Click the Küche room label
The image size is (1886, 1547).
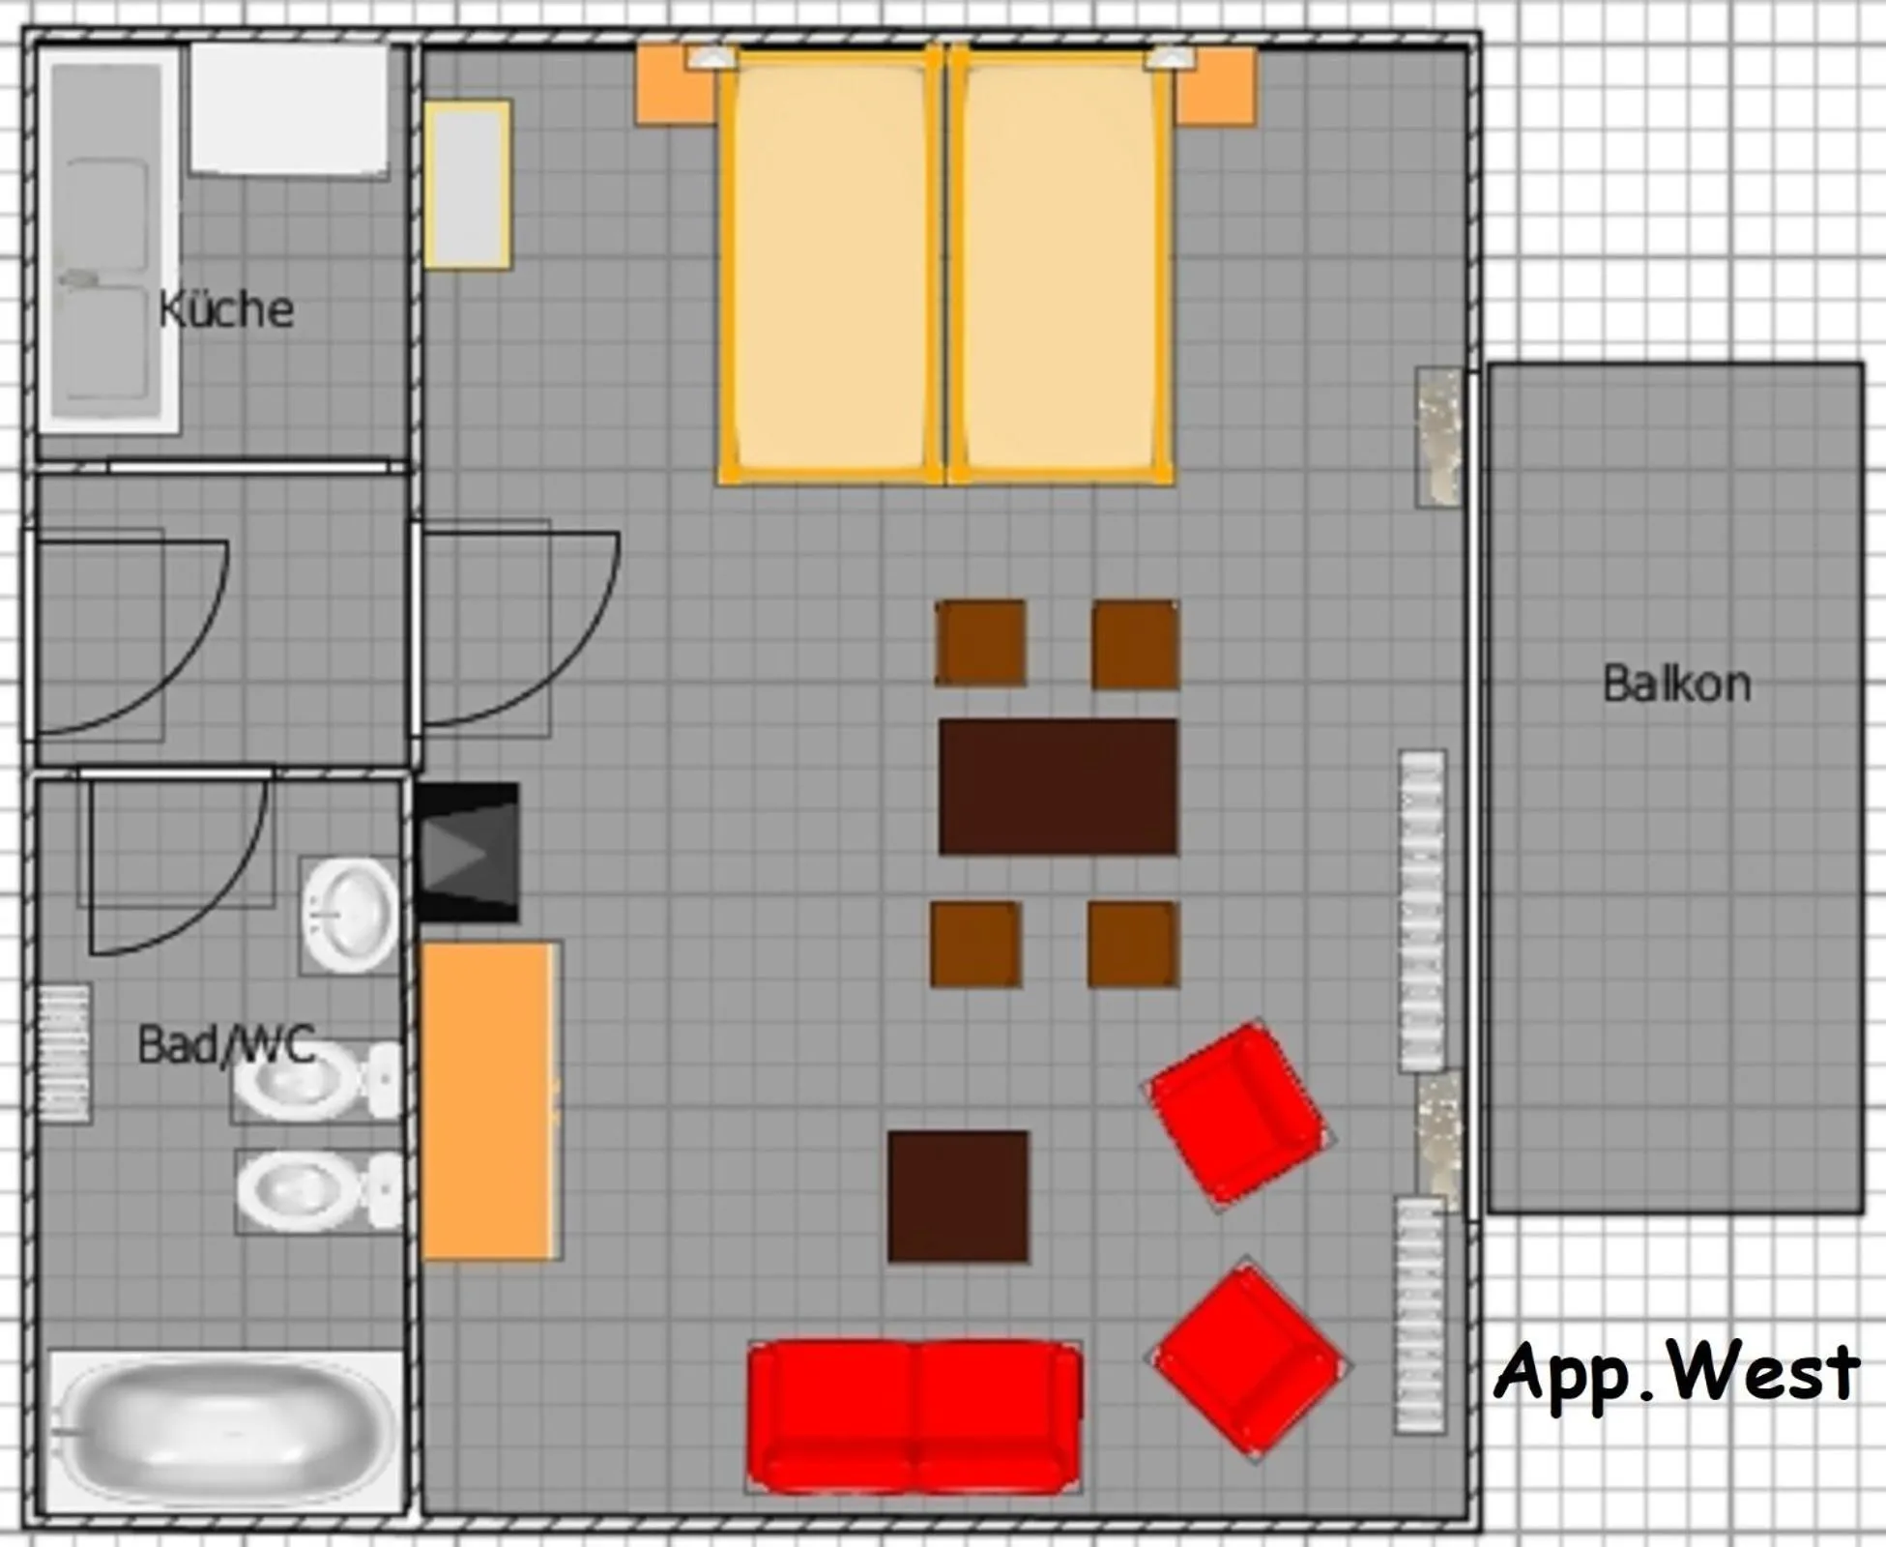tap(226, 309)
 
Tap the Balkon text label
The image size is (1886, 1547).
tap(1676, 684)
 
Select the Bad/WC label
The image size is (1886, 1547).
tap(227, 1044)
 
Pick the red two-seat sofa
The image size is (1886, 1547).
tap(914, 1416)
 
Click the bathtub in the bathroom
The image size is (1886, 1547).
tap(225, 1431)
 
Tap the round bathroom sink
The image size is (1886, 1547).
tap(349, 915)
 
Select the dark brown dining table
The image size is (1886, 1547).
tap(1059, 787)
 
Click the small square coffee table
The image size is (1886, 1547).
tap(958, 1196)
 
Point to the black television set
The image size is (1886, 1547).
tap(468, 852)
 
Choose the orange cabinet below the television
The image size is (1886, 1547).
tap(491, 1100)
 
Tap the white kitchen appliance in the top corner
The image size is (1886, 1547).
tap(289, 108)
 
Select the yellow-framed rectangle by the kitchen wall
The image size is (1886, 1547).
tap(467, 184)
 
